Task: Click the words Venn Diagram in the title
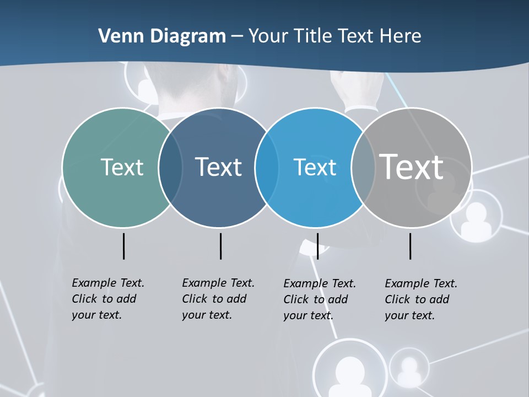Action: click(162, 36)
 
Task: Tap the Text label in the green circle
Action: click(122, 167)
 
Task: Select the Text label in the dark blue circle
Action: click(218, 167)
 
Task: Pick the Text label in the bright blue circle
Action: click(315, 167)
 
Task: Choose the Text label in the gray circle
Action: click(411, 167)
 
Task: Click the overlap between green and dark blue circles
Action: click(170, 168)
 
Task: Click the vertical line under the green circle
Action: click(123, 246)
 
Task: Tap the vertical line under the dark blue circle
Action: click(220, 246)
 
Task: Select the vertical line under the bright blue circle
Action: click(317, 246)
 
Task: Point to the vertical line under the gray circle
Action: click(411, 246)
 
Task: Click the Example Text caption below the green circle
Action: click(107, 299)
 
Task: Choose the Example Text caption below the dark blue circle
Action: click(218, 299)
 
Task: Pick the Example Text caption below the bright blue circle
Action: click(319, 299)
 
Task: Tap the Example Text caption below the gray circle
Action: click(420, 299)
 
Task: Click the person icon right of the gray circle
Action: click(476, 217)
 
